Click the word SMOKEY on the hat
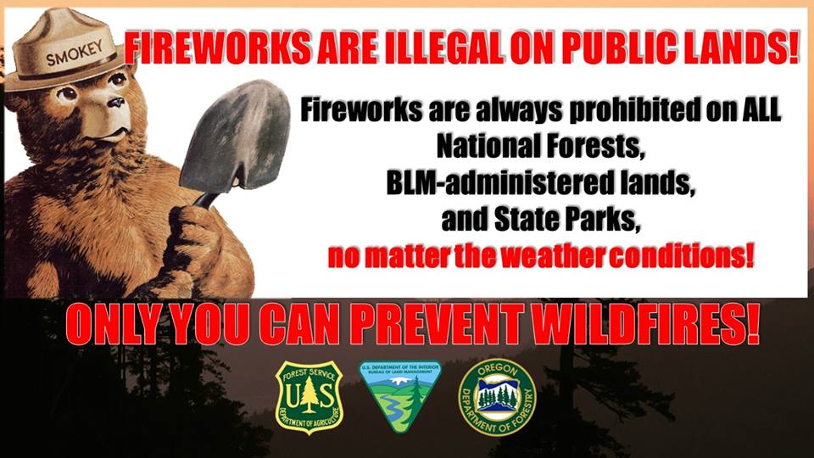(x=75, y=53)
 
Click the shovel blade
(x=236, y=137)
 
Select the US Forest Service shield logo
(x=309, y=397)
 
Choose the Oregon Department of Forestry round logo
(x=498, y=397)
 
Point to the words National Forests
(x=540, y=146)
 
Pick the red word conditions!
(x=680, y=256)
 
